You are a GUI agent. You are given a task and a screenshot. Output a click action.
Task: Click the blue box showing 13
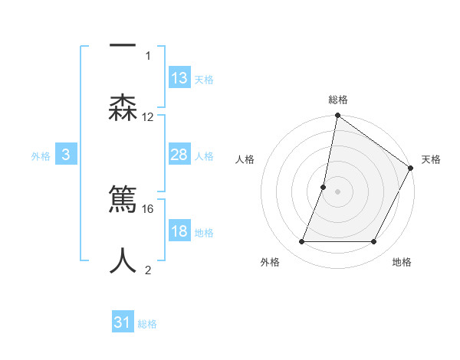tap(179, 78)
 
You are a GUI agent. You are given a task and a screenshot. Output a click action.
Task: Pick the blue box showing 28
tap(179, 155)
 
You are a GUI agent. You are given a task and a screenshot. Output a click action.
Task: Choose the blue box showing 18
tap(179, 232)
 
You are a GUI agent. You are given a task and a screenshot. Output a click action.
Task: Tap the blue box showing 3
tap(66, 155)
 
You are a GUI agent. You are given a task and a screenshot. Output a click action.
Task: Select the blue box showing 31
tap(123, 323)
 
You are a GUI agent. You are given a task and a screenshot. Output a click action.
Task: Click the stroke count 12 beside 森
tap(148, 117)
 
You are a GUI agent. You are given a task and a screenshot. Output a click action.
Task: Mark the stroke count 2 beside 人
tap(148, 270)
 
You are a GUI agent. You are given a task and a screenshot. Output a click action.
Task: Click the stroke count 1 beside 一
tap(148, 55)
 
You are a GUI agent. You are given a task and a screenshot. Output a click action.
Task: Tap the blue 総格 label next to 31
tap(147, 324)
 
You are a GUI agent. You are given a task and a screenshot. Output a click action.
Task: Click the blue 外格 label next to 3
tap(41, 156)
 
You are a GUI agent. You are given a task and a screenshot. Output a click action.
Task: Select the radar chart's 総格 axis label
tap(337, 100)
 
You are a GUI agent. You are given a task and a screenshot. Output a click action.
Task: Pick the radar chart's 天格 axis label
tap(431, 159)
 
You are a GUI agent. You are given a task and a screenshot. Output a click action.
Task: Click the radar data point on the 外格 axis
tap(301, 242)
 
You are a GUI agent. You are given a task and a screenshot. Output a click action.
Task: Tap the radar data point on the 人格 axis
tap(324, 187)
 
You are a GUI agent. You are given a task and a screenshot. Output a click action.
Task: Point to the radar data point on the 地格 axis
tap(374, 242)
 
